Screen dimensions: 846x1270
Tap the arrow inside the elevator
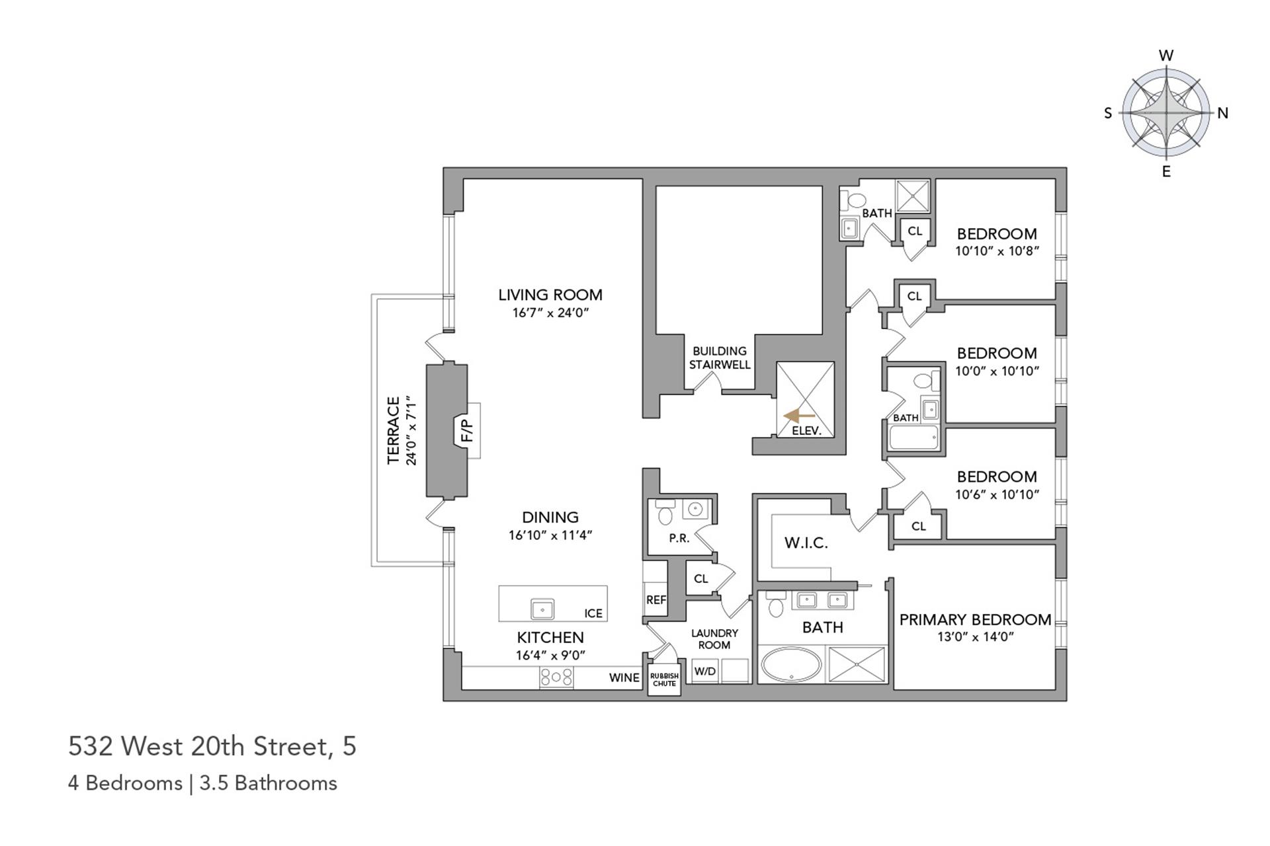(798, 416)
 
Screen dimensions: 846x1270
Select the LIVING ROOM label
(550, 295)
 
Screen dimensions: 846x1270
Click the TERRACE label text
(394, 430)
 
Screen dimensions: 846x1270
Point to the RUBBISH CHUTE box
(664, 679)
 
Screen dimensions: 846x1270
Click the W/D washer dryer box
(705, 672)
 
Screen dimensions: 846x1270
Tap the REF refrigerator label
(656, 600)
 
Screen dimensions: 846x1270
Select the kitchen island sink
(542, 608)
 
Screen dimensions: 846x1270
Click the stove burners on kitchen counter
(556, 677)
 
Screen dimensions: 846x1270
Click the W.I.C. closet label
(806, 543)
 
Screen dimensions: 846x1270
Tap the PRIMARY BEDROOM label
(975, 620)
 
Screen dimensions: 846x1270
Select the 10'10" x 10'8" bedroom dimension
(997, 251)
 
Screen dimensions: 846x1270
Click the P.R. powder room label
(679, 539)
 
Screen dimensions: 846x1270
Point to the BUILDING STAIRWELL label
(720, 358)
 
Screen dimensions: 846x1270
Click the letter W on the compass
(1166, 56)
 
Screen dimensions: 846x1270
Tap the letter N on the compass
(1222, 113)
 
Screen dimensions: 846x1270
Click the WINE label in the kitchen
(624, 677)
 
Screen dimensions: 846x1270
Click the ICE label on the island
(593, 613)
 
